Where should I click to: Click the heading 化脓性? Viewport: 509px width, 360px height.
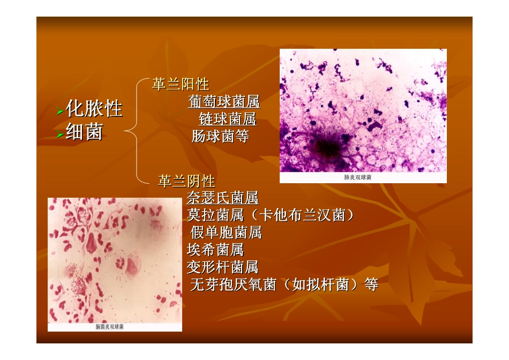pos(94,109)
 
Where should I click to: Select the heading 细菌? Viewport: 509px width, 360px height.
pos(84,132)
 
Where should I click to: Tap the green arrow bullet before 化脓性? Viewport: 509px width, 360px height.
pos(61,111)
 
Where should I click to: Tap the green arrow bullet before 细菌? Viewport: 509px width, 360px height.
pos(61,134)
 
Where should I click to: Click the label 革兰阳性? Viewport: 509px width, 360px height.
pos(181,85)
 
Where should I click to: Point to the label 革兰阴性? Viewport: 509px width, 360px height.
pos(186,181)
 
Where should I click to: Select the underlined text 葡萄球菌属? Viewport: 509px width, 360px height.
pos(224,102)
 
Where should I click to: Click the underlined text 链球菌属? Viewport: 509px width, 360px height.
pos(227,119)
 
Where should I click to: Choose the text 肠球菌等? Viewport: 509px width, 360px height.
pos(220,136)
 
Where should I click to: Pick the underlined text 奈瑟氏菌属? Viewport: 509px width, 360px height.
pos(222,198)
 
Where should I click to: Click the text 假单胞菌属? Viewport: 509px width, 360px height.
pos(226,232)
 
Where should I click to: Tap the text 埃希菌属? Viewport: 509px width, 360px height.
pos(215,250)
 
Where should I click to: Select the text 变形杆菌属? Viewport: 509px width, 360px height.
pos(222,267)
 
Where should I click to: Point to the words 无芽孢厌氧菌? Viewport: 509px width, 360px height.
pos(233,284)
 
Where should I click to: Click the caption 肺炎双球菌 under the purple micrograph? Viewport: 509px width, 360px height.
pos(357,177)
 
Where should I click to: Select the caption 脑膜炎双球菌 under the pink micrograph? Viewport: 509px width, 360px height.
pos(109,326)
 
